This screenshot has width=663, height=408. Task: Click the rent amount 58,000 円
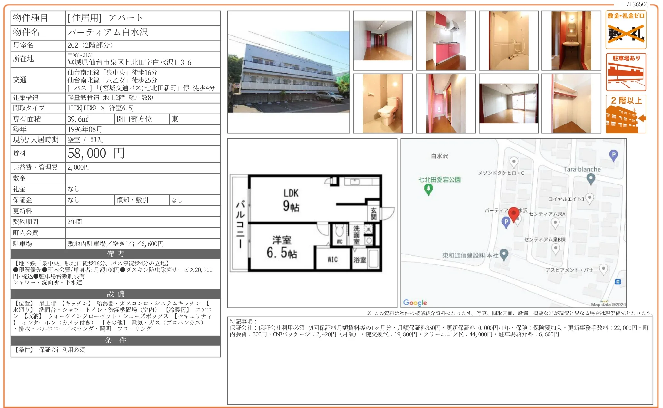tap(96, 154)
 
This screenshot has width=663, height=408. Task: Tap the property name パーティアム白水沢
tap(108, 32)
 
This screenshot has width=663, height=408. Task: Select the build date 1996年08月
tap(85, 129)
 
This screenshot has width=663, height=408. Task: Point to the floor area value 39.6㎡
tap(78, 119)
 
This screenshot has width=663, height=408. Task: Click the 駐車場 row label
tap(23, 244)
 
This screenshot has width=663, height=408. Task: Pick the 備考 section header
tap(115, 254)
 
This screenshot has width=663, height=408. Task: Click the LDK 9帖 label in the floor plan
tap(291, 200)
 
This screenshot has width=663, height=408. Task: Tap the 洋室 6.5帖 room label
tap(282, 247)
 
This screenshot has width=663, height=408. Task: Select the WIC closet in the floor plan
tap(332, 259)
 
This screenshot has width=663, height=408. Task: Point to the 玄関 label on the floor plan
tap(373, 214)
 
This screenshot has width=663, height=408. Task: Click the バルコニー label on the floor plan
tap(240, 224)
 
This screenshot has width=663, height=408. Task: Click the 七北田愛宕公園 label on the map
tap(440, 180)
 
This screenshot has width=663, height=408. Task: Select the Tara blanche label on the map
tap(582, 169)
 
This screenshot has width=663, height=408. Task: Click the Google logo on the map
tap(415, 303)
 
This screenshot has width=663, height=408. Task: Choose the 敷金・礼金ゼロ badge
tap(626, 30)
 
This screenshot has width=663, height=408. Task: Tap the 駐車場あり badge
tap(626, 72)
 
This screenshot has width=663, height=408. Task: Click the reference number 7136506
tap(637, 4)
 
